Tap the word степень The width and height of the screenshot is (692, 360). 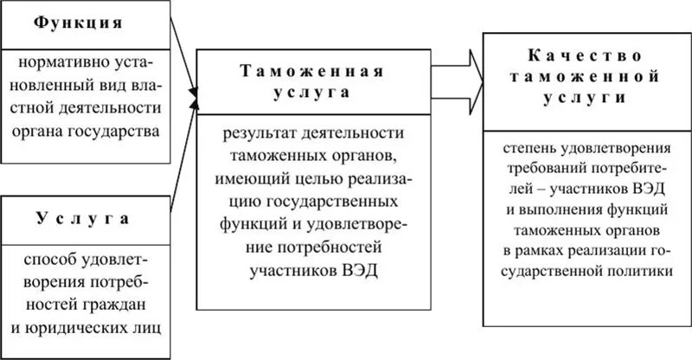coord(529,142)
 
